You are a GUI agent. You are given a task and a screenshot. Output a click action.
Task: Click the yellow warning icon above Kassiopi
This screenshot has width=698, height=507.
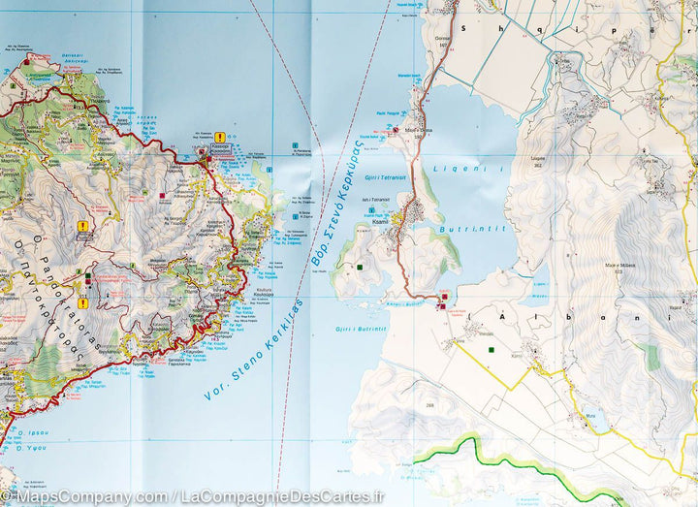tap(220, 138)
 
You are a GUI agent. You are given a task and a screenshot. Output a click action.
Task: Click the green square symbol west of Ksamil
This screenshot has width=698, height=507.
tap(359, 267)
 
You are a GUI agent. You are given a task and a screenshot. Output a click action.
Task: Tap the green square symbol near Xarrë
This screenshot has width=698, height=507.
tap(492, 349)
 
